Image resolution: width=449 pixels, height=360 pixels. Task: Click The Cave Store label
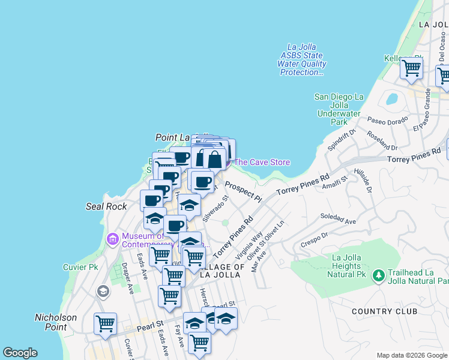point(262,162)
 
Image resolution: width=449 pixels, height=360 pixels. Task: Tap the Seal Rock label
point(106,206)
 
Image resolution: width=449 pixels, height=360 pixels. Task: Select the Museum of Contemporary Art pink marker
point(112,240)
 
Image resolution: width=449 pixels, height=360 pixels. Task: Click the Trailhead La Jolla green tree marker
point(378,276)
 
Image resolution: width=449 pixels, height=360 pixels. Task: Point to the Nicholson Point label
point(56,322)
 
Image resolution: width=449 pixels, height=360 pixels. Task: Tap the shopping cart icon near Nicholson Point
point(105,323)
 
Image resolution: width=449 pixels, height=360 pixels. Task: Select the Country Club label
point(384,311)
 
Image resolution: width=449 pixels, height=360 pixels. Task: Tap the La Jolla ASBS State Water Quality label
point(303,59)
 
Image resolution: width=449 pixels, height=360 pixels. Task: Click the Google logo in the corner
point(20,353)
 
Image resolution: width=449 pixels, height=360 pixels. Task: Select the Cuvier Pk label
point(80,267)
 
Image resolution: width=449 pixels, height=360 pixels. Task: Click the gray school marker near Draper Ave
point(103,292)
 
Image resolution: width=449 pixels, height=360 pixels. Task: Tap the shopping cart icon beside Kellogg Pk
point(412,68)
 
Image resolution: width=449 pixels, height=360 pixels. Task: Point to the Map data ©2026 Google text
point(412,355)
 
